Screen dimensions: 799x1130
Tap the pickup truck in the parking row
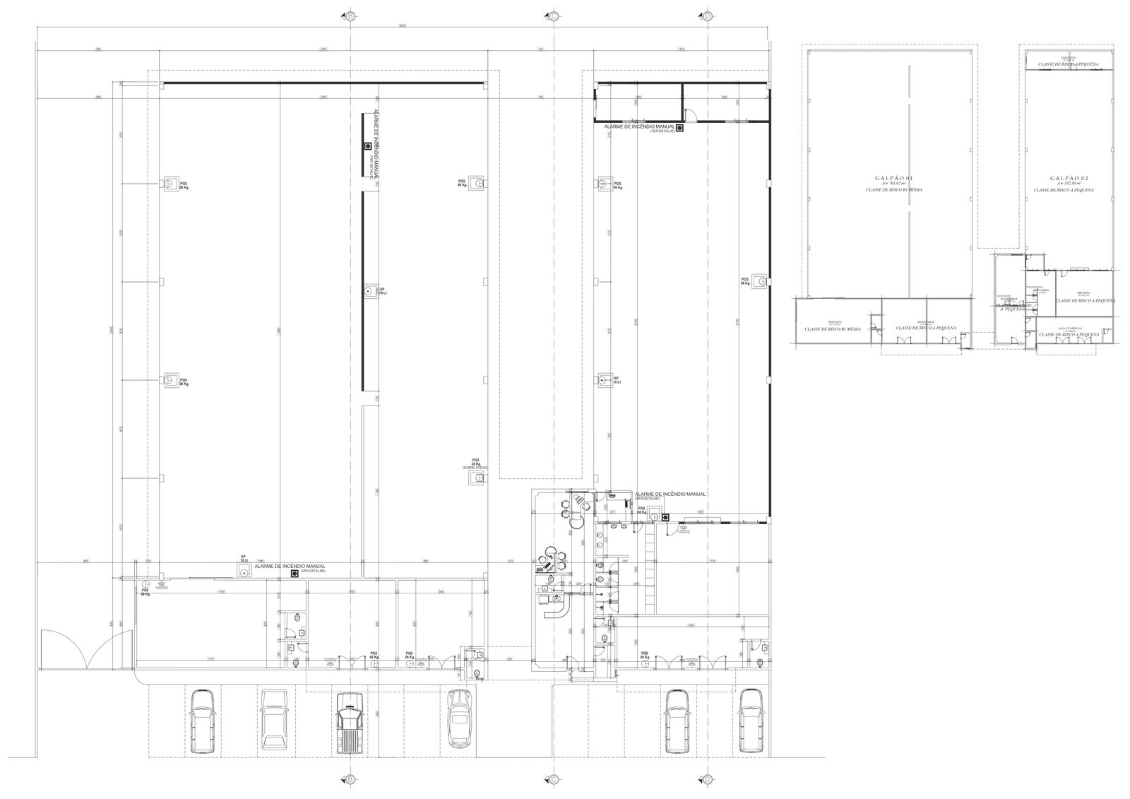(x=350, y=721)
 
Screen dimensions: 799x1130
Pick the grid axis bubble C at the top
(x=553, y=16)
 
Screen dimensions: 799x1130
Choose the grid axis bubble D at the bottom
(x=707, y=779)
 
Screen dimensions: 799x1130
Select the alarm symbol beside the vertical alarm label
(x=367, y=146)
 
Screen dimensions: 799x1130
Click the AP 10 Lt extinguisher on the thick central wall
(x=368, y=290)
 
